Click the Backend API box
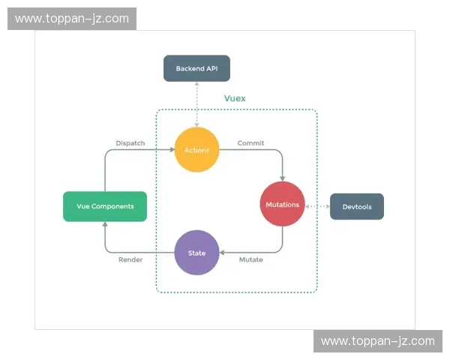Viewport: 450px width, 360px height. [x=196, y=68]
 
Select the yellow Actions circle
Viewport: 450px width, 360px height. [x=196, y=150]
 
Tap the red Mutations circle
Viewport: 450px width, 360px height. [x=282, y=204]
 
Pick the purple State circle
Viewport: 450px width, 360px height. [x=196, y=253]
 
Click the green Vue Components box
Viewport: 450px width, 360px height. [x=104, y=206]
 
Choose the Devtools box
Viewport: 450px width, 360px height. [x=356, y=206]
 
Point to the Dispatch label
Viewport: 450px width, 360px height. [x=130, y=142]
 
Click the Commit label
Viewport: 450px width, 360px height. [x=250, y=142]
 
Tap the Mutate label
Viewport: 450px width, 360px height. [x=250, y=259]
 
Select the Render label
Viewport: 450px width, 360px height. [x=130, y=259]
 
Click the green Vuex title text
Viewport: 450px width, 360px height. [x=235, y=98]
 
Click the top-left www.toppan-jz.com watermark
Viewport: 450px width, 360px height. [x=72, y=19]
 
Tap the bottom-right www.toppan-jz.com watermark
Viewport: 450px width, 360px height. [x=377, y=341]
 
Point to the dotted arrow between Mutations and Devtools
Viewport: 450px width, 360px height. [x=317, y=205]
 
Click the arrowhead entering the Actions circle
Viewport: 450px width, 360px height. [x=171, y=150]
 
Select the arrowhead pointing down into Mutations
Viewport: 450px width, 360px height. [x=282, y=178]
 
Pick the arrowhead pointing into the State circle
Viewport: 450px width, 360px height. [x=222, y=253]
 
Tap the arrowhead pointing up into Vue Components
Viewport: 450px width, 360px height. [x=104, y=225]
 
